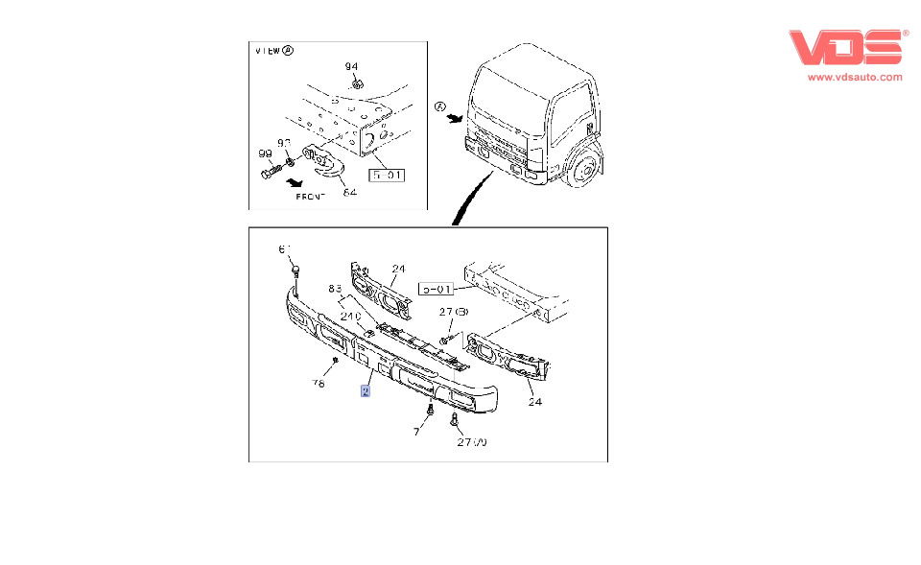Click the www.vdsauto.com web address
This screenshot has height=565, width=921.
(855, 77)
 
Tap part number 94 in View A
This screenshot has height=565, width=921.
(351, 66)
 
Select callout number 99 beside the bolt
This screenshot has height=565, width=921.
(264, 153)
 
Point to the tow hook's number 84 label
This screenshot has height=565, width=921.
(349, 193)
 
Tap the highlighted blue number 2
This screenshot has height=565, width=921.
(366, 390)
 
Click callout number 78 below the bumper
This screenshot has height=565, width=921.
(319, 384)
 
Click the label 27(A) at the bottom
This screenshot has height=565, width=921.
(472, 443)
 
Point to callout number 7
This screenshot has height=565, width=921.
(416, 433)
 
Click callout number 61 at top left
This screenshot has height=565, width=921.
(284, 249)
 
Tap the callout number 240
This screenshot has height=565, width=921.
(350, 316)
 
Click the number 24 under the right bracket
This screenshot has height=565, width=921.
(534, 402)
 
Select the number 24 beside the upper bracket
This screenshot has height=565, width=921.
(398, 269)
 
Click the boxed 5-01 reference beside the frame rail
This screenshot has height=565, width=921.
(437, 288)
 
